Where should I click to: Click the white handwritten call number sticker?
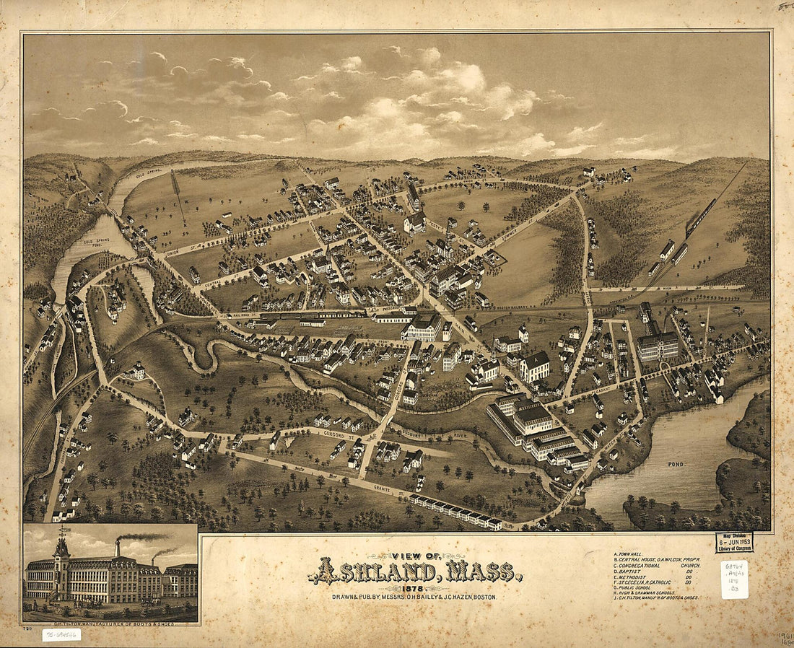[x=734, y=579]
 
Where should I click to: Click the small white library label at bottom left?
[x=61, y=635]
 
